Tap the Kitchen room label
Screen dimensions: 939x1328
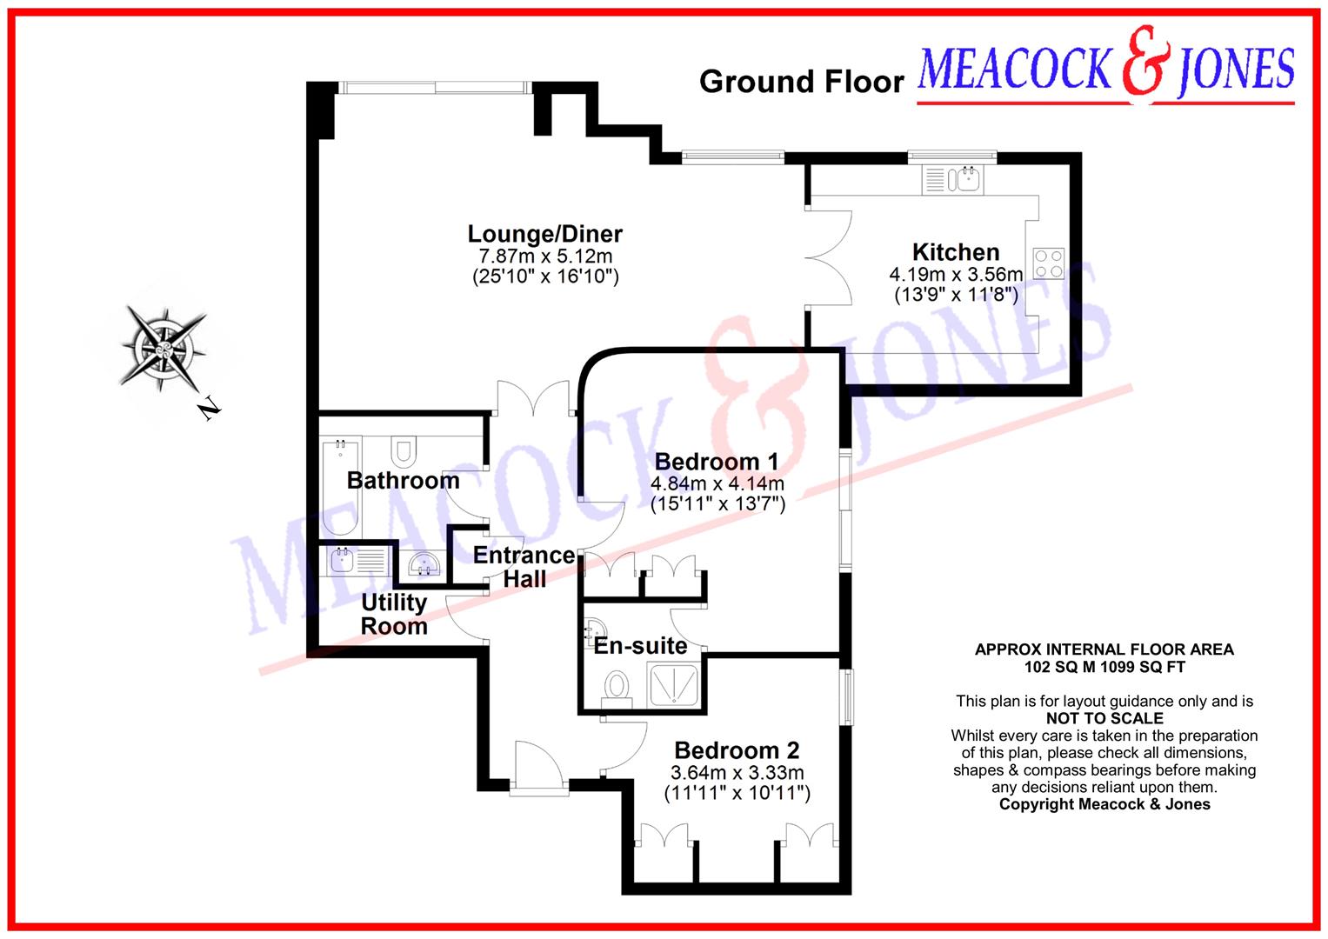(955, 252)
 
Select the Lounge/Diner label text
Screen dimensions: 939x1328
(544, 234)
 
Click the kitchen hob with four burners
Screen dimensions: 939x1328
(1048, 263)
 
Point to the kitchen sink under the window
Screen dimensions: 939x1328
(965, 180)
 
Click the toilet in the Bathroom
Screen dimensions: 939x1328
(403, 451)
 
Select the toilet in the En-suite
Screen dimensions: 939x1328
(618, 686)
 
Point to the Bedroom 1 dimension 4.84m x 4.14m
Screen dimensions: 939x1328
(717, 483)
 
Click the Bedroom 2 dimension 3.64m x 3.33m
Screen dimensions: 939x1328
(737, 773)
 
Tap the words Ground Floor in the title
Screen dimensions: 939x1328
(801, 82)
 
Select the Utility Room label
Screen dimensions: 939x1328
(394, 614)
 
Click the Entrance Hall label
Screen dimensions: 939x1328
(524, 567)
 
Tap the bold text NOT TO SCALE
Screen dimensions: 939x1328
(1104, 718)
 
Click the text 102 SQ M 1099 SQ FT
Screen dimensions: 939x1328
(1104, 667)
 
